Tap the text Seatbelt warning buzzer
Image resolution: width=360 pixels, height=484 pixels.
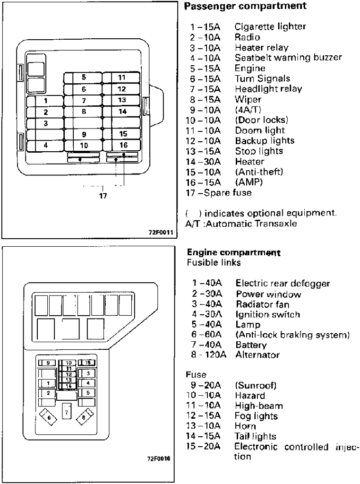288,58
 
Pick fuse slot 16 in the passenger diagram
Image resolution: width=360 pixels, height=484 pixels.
123,145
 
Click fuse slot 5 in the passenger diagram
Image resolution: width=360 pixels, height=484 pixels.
83,78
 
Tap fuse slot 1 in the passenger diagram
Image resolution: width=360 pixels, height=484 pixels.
45,101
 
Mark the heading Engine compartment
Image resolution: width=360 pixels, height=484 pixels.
234,253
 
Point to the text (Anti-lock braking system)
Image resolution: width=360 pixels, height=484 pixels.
292,335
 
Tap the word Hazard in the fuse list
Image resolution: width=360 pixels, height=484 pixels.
248,395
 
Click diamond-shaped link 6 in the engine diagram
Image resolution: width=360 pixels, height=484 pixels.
49,417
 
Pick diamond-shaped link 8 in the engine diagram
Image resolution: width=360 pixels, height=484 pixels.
84,417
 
